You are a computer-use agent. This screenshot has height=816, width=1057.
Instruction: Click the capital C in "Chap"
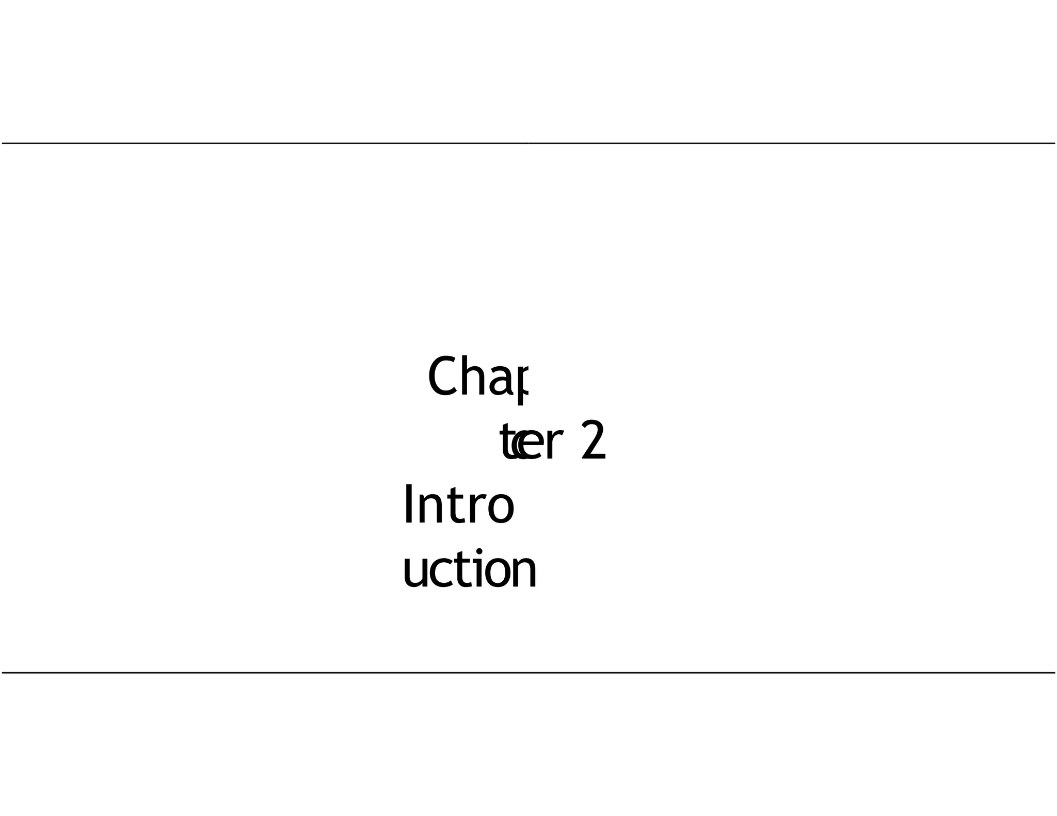[x=443, y=377]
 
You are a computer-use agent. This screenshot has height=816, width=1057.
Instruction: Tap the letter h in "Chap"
[x=472, y=377]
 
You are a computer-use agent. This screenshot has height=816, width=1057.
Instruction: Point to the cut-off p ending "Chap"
[x=522, y=384]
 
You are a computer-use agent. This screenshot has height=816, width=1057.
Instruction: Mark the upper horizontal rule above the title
[x=528, y=143]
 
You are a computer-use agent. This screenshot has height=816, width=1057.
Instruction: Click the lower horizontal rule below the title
[x=528, y=673]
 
